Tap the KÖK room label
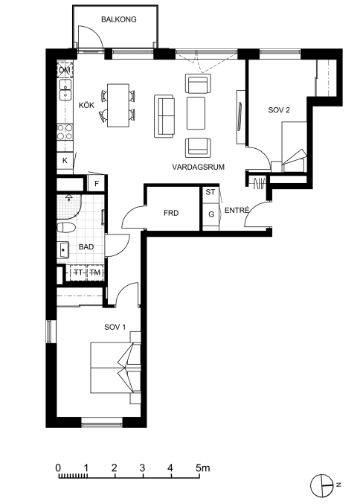tap(86, 105)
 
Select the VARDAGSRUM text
tap(198, 168)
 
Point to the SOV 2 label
tap(279, 110)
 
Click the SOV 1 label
tap(115, 328)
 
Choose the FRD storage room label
tap(171, 213)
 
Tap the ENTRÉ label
tap(237, 211)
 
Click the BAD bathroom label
tap(86, 247)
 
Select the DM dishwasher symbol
tap(65, 71)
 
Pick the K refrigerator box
tap(65, 160)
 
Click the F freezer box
tap(97, 184)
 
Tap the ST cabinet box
tap(210, 192)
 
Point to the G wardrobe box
tap(211, 214)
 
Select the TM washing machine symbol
tap(95, 272)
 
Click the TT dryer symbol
tap(78, 272)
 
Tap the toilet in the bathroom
tap(66, 228)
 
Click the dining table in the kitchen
tap(118, 105)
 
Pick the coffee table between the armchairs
tap(196, 113)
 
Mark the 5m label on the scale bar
tap(203, 468)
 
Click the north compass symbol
tap(321, 485)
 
